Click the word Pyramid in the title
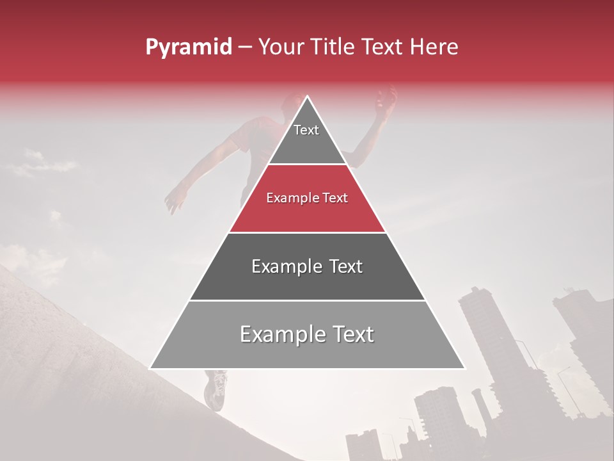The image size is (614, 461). (188, 47)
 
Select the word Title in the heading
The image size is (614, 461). (336, 47)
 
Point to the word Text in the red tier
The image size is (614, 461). (335, 198)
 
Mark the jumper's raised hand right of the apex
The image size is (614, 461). (386, 99)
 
